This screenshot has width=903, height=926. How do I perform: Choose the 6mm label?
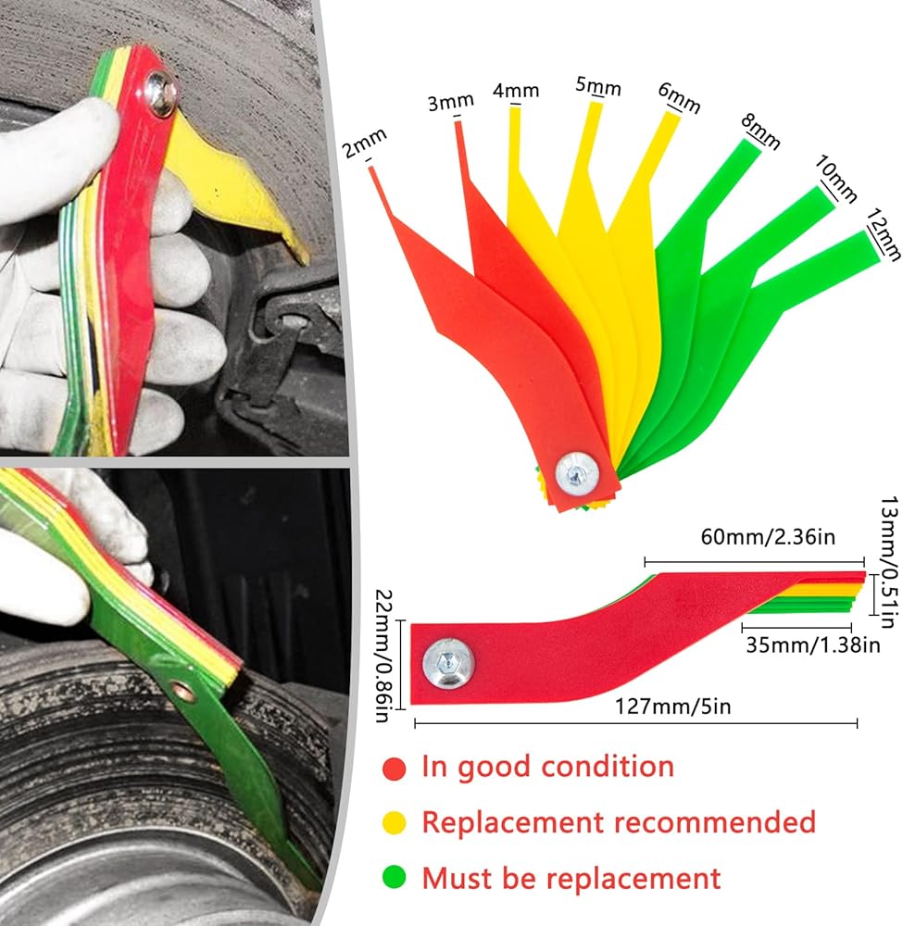pos(679,101)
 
